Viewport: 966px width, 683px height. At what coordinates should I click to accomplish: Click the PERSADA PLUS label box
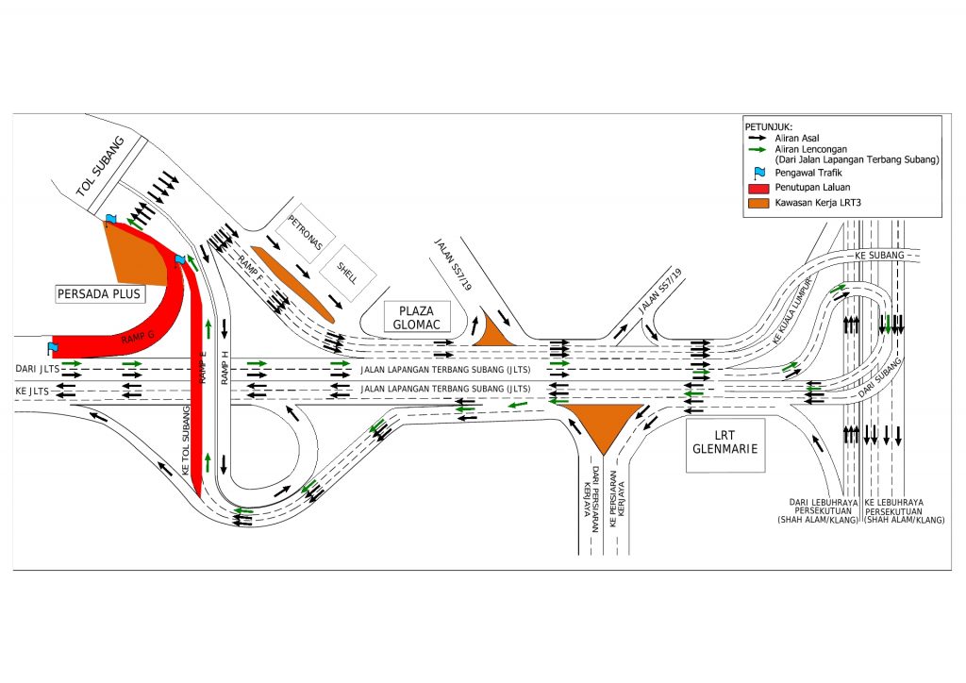tap(99, 293)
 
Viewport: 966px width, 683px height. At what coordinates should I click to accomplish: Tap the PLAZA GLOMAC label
tap(416, 317)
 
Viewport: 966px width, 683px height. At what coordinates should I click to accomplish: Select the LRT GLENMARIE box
tap(725, 445)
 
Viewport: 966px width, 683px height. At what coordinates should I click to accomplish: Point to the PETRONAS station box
tap(305, 233)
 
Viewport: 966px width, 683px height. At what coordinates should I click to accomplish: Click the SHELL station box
tap(347, 273)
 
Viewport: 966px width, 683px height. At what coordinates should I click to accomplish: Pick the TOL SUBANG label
tap(100, 166)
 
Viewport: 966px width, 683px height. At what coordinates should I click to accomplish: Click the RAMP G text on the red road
tap(138, 337)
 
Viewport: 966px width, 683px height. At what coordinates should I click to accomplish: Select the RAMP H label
tap(225, 368)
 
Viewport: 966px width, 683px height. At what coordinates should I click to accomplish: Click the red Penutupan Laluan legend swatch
tap(758, 189)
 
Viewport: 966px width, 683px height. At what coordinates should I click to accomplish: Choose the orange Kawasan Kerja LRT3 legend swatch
tap(758, 203)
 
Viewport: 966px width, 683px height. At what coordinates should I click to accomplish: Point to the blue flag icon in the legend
tap(760, 173)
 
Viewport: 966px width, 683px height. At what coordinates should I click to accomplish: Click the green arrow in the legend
tap(758, 150)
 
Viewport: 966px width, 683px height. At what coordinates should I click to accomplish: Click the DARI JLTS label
tap(38, 369)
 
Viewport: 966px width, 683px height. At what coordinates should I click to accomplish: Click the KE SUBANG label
tap(879, 255)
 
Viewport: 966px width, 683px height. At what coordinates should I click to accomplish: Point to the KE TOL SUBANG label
tap(186, 440)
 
